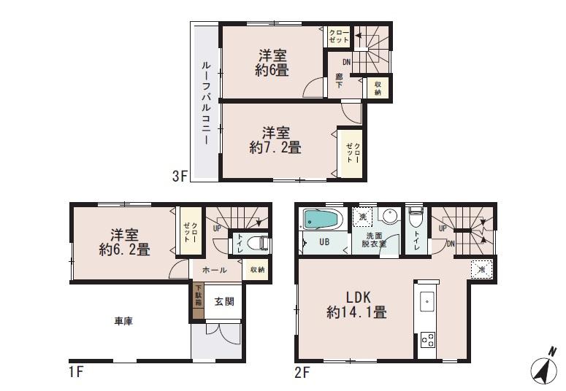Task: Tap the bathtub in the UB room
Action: (321, 218)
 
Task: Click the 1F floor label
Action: (75, 371)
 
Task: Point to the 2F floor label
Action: (303, 371)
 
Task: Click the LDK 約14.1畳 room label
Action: (356, 305)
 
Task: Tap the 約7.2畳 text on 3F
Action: (275, 147)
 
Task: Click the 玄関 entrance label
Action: (223, 301)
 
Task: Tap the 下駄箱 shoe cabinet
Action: (197, 300)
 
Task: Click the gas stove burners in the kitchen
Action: (428, 340)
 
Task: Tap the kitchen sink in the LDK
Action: (428, 301)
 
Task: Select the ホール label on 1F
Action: (214, 270)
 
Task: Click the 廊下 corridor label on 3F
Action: (339, 81)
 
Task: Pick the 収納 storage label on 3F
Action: (378, 88)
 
